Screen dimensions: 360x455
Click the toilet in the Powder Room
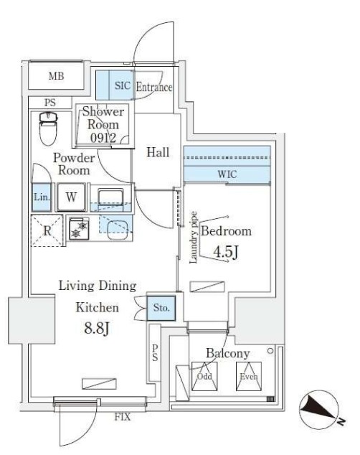48,128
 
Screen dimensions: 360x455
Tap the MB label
56,76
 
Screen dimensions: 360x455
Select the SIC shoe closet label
123,85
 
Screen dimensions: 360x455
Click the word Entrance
154,87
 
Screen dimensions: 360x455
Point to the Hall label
158,152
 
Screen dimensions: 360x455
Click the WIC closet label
227,174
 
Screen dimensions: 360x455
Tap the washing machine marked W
71,197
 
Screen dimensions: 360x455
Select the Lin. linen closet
42,197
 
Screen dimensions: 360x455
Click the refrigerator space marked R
47,230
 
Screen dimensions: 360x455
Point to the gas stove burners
79,229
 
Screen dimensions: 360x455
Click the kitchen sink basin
118,229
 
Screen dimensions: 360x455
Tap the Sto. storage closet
161,308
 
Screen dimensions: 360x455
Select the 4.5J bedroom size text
226,252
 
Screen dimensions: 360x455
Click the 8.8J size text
97,329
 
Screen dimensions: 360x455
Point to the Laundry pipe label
193,238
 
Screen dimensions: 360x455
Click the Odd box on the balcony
204,376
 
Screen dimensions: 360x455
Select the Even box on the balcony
249,376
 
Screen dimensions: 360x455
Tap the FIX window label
123,417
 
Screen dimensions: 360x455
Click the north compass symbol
319,410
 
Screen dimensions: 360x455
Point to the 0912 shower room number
103,138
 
